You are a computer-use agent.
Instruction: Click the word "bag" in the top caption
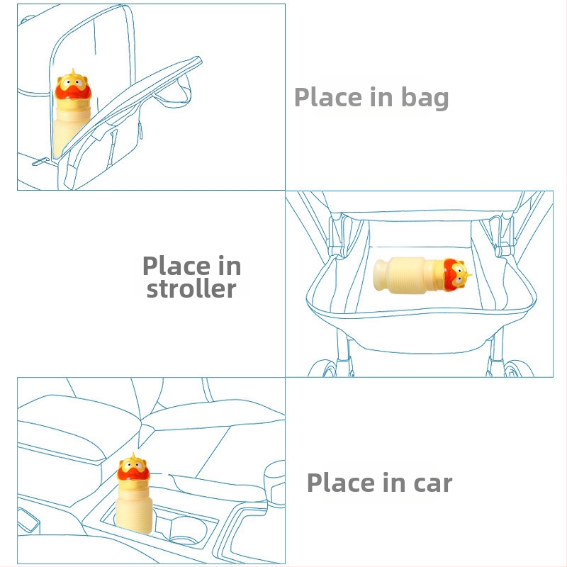425,99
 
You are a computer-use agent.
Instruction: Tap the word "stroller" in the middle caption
191,289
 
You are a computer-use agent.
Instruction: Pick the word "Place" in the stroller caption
176,266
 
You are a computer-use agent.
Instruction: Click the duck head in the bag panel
73,85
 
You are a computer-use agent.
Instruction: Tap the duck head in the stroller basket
456,274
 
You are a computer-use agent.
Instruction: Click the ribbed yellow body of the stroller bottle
409,275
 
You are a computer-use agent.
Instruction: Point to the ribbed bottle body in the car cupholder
135,505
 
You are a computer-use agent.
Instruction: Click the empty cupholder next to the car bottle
188,529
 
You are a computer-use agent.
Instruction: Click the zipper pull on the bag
40,162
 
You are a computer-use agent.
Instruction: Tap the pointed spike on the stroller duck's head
468,276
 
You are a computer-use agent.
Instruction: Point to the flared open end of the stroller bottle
380,275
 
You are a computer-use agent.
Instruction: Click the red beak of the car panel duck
134,473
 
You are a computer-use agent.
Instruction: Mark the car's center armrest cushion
211,415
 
